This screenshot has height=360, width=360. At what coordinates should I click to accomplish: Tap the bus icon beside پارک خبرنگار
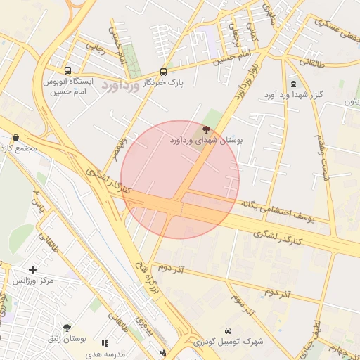(x=164, y=72)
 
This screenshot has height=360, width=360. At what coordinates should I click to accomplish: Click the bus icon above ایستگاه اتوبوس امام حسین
(x=67, y=70)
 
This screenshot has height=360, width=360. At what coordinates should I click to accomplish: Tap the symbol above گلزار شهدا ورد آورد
(x=293, y=83)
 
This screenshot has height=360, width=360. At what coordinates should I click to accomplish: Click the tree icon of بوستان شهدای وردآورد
(x=206, y=129)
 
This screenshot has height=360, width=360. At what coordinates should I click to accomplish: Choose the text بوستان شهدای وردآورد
(x=206, y=141)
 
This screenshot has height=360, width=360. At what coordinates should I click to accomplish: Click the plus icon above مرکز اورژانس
(x=32, y=269)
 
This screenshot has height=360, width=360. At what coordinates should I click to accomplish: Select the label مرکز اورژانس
(x=33, y=281)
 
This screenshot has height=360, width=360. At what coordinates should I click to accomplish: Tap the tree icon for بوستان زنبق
(x=67, y=328)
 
